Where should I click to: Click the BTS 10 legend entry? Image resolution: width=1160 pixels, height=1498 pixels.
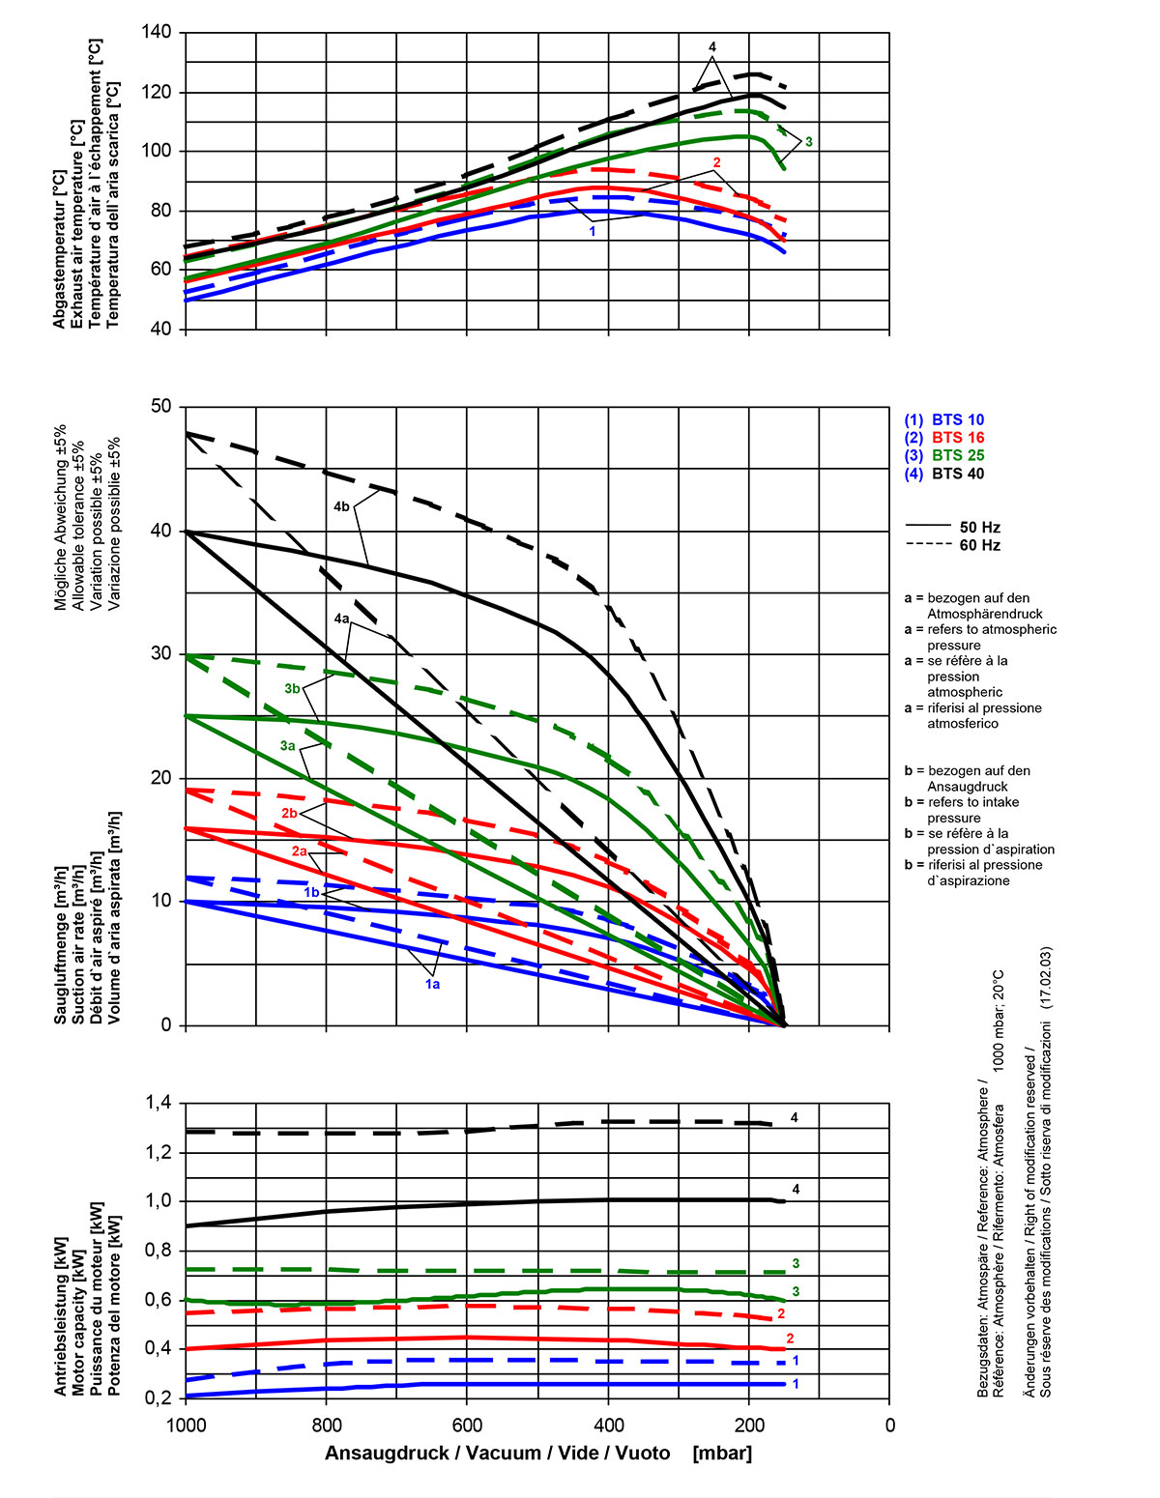944,420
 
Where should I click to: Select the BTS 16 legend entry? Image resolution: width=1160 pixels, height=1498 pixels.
944,438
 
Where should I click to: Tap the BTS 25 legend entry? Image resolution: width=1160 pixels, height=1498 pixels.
944,455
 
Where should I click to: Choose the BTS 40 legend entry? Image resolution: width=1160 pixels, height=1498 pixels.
944,474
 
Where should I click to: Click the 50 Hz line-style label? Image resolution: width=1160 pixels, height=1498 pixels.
979,528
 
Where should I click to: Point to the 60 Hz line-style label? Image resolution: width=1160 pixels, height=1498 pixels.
979,545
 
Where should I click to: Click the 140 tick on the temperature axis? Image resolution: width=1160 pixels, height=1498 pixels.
155,33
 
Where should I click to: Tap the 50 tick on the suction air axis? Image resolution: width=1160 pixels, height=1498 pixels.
160,407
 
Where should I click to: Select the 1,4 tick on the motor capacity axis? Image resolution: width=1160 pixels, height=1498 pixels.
158,1103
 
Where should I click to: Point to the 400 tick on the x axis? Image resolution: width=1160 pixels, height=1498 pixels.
608,1425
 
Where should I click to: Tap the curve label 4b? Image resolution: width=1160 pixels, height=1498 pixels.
341,506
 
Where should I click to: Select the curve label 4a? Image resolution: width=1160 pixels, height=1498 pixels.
341,619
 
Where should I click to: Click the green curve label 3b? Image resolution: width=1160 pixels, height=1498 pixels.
293,688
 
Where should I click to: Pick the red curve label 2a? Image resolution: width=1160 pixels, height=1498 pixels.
299,851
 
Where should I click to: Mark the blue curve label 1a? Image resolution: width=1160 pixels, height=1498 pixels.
432,984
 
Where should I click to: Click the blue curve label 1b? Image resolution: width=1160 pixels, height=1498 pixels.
311,893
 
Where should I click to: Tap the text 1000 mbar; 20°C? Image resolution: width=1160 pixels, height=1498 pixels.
999,1019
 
